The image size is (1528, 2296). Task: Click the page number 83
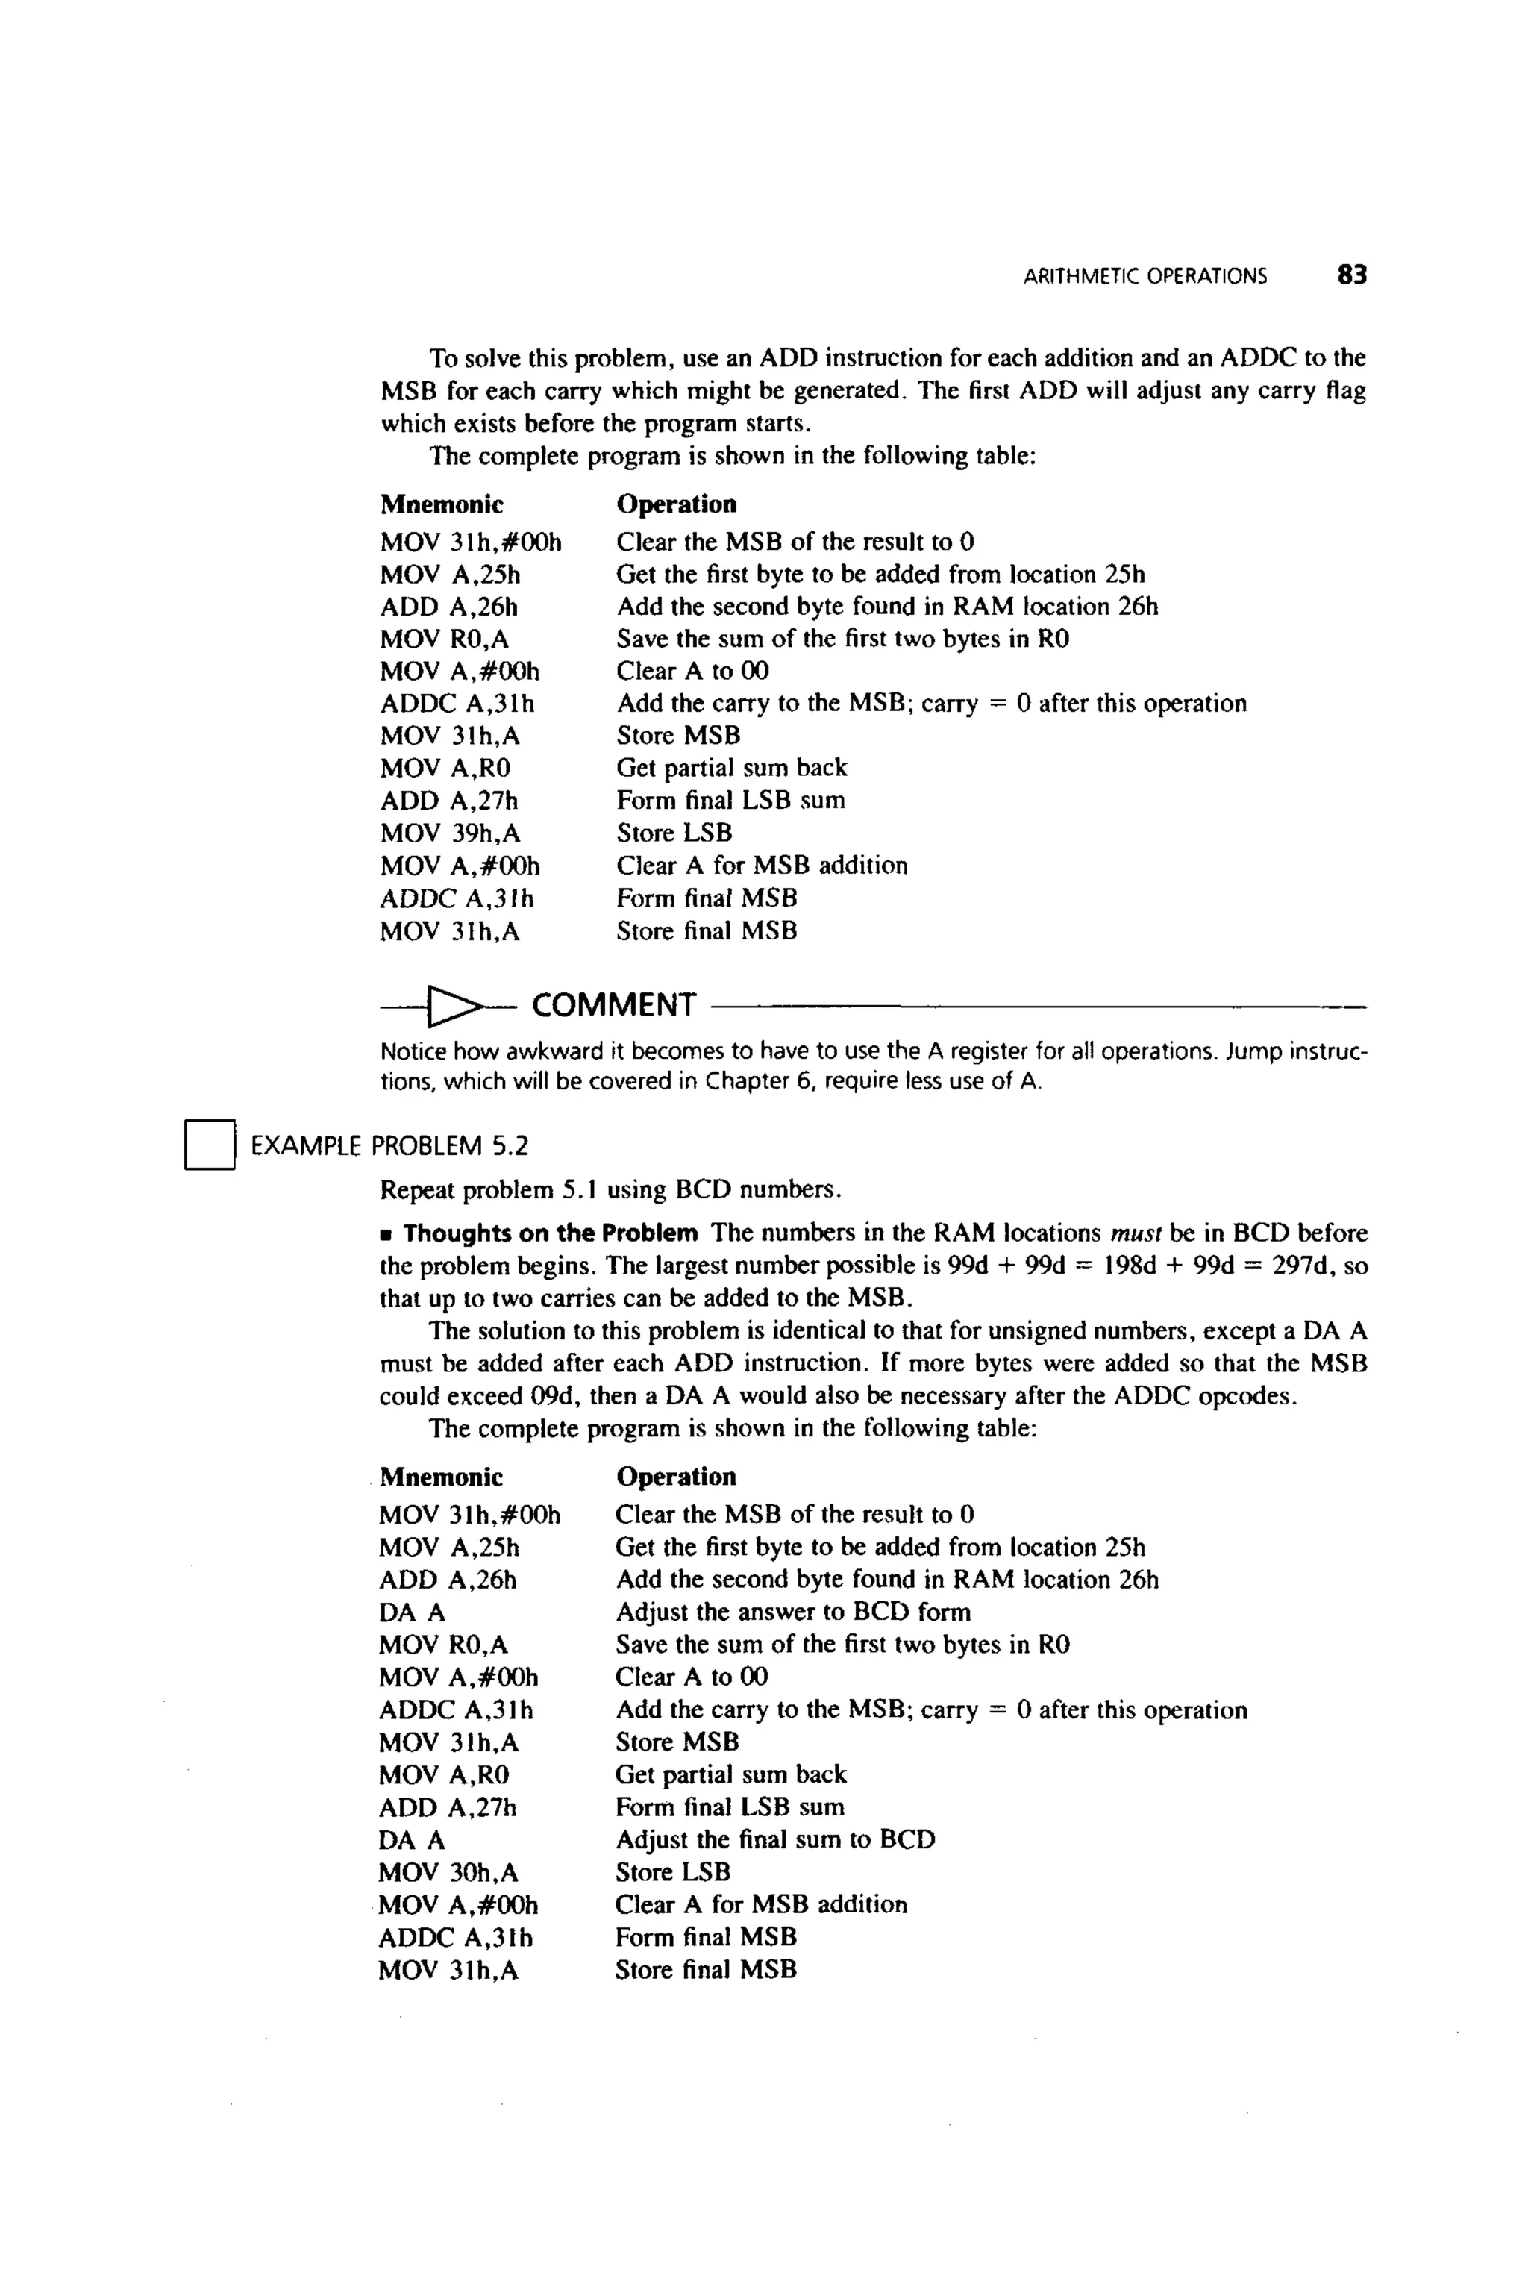[x=1352, y=276]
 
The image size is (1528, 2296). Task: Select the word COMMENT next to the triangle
[x=613, y=1005]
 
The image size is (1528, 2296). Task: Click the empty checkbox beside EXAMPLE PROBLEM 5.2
[x=210, y=1145]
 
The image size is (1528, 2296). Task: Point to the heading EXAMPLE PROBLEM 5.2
[x=389, y=1146]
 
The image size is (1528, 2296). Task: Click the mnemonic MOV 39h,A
[x=449, y=833]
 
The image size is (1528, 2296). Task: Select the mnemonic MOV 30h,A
[x=448, y=1873]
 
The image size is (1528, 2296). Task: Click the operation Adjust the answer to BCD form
[x=792, y=1612]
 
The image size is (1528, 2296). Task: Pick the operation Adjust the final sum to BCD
[x=774, y=1840]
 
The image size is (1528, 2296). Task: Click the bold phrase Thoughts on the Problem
[x=550, y=1233]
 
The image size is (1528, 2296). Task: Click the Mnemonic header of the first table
[x=442, y=505]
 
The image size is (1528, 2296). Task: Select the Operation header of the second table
[x=675, y=1477]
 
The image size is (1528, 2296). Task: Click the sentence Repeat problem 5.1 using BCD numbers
[x=610, y=1191]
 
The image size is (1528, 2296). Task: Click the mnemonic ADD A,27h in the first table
[x=448, y=801]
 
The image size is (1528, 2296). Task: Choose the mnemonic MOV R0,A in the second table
[x=443, y=1645]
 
